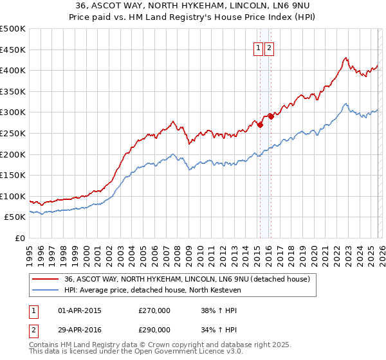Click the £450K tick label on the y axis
coord(13,50)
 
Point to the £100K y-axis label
coord(13,196)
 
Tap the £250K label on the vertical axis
coord(13,133)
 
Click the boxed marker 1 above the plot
coord(258,48)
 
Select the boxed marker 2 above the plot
coord(269,48)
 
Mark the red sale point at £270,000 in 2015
coord(260,125)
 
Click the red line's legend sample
coord(46,279)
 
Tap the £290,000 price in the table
coord(154,329)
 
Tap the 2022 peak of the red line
coord(345,57)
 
